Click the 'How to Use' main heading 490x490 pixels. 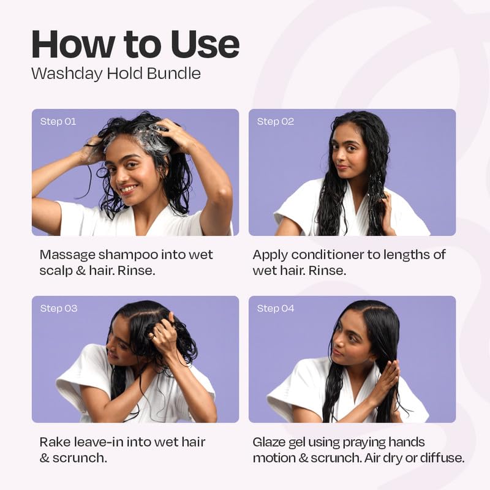tap(135, 44)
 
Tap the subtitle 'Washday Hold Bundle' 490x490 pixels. tap(116, 73)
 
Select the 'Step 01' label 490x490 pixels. tap(58, 121)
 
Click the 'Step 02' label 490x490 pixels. tap(275, 121)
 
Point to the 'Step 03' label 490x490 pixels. tap(59, 308)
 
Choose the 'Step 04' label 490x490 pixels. tap(276, 308)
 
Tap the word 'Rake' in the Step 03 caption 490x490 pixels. tap(54, 442)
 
